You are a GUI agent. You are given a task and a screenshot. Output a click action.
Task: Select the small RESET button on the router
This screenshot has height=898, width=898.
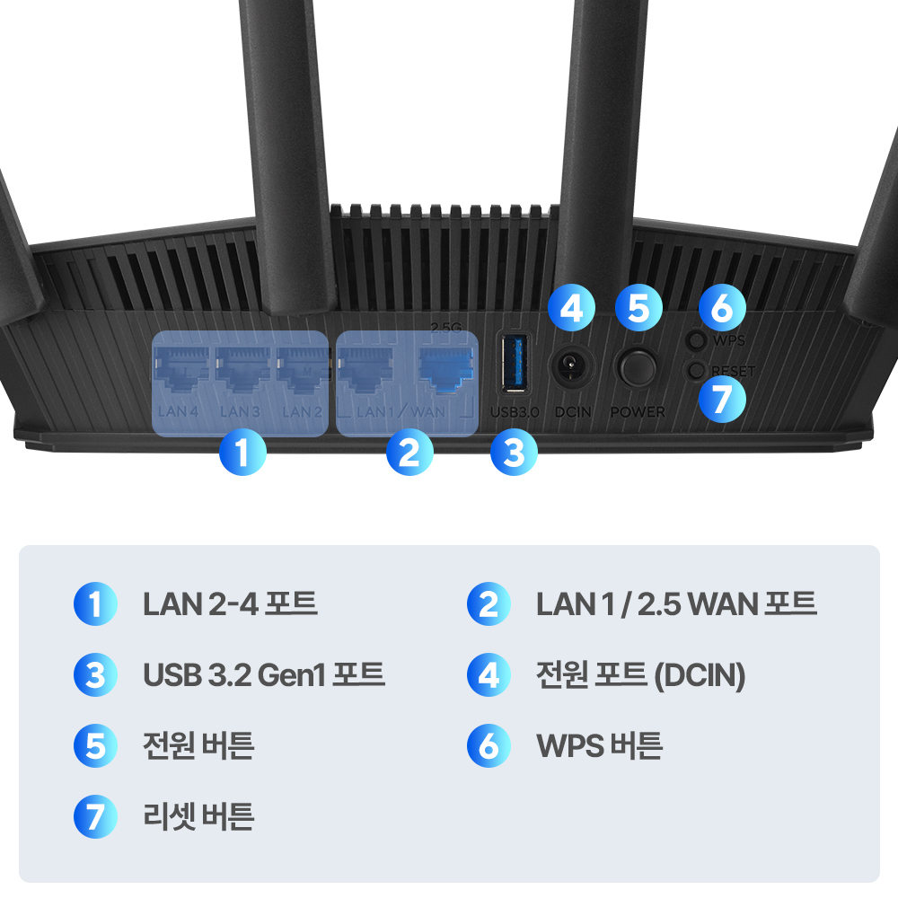(695, 370)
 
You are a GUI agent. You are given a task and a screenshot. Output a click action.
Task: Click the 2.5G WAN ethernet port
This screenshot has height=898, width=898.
(446, 369)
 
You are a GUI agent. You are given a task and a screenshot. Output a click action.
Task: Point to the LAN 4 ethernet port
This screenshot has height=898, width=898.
(182, 369)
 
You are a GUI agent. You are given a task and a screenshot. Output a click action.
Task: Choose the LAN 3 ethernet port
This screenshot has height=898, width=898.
(242, 369)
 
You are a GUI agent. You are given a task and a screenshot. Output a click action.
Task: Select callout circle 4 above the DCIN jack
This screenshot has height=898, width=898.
(571, 308)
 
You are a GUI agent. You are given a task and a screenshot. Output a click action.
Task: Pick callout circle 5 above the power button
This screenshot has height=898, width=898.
(638, 308)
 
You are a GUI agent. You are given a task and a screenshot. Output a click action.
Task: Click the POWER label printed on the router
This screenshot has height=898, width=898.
(638, 412)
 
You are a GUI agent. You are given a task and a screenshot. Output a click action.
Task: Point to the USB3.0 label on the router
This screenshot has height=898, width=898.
(514, 412)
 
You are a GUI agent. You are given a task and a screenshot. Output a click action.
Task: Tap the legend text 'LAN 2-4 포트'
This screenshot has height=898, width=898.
(230, 603)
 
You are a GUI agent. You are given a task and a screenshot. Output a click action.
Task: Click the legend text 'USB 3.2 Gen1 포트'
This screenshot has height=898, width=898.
(264, 673)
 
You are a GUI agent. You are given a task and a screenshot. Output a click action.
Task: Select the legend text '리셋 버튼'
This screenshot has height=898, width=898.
(198, 816)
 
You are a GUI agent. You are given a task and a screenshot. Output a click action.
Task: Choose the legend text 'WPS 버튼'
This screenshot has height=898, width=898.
(599, 745)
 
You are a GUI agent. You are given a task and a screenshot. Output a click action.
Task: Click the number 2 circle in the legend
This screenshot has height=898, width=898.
(489, 603)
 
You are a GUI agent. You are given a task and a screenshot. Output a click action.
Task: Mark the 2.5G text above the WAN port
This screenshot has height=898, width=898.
(446, 329)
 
